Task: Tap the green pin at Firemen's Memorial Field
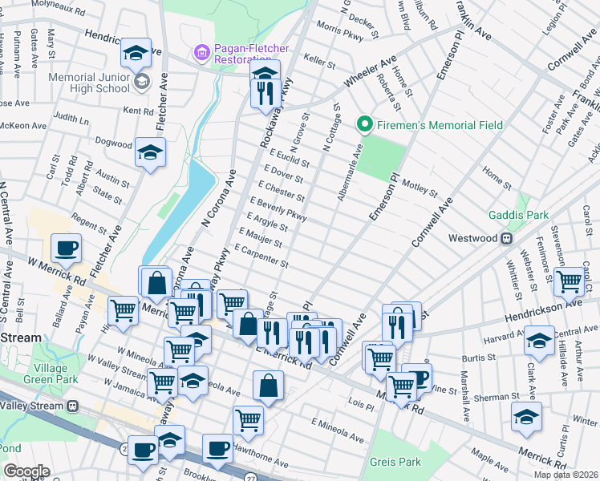tap(363, 125)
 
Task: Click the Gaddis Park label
tap(519, 216)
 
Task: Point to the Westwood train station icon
tap(507, 238)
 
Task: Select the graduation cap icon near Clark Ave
tap(539, 340)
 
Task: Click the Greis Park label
tap(395, 462)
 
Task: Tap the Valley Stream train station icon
tap(73, 406)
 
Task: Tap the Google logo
tap(26, 471)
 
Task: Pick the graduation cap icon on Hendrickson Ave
tap(136, 53)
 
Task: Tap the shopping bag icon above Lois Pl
tap(268, 385)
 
